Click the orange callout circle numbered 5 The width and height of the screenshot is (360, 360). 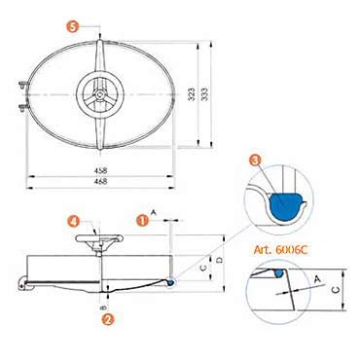tap(74, 26)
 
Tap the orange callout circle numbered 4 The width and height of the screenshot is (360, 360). tap(74, 222)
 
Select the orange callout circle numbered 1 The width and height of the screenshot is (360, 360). tap(142, 221)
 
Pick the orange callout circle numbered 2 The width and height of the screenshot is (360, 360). tap(108, 319)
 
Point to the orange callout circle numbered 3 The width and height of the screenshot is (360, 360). tap(255, 160)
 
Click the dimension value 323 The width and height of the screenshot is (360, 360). tap(193, 94)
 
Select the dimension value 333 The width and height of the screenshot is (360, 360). tap(204, 94)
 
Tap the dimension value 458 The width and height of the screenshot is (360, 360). tap(100, 170)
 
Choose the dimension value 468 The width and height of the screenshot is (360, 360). tap(100, 181)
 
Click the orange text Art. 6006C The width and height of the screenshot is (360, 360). tap(280, 250)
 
